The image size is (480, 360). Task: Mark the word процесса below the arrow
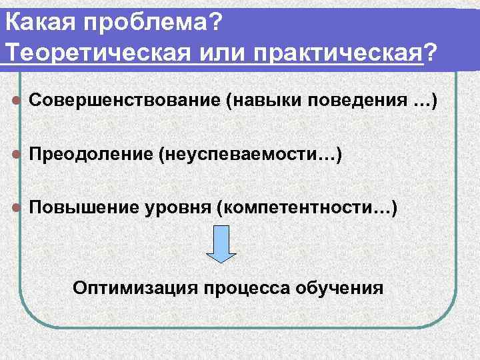tap(248, 288)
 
